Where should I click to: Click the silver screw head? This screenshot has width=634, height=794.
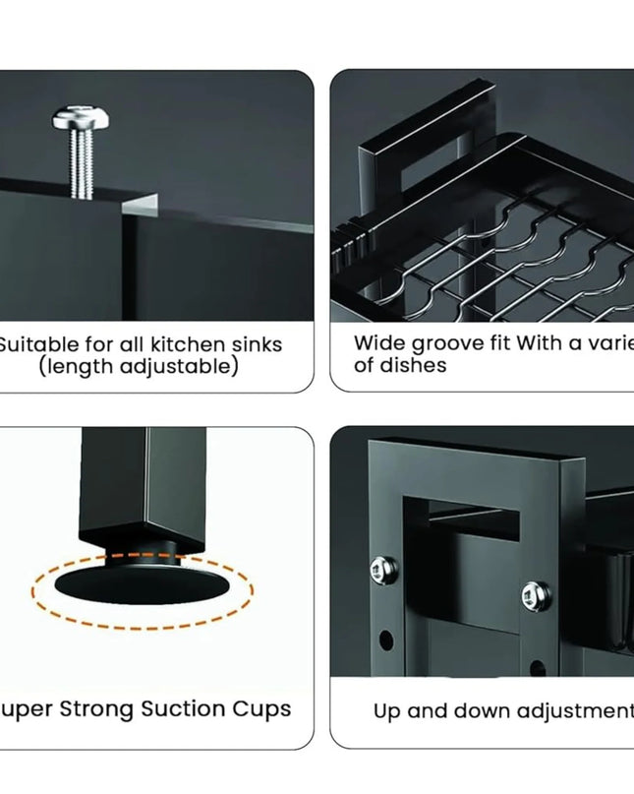(x=80, y=123)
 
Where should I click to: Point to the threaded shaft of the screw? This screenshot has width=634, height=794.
(x=82, y=161)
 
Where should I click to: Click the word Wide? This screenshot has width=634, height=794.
(x=377, y=343)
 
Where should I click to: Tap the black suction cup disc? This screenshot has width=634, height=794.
(x=142, y=581)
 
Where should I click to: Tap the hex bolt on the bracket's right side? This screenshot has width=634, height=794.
(x=533, y=593)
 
